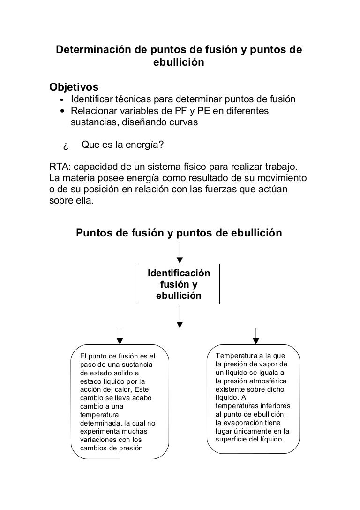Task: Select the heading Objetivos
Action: [x=74, y=87]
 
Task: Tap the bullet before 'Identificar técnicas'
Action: [x=62, y=100]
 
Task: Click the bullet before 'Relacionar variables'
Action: [x=62, y=112]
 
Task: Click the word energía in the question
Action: [x=144, y=145]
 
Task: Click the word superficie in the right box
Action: [x=232, y=439]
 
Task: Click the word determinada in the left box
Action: [x=100, y=423]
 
